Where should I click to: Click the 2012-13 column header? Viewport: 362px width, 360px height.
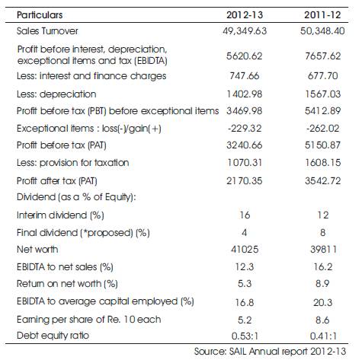tap(245, 15)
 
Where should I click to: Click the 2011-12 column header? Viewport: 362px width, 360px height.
tap(322, 15)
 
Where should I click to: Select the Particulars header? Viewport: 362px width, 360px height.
tap(40, 15)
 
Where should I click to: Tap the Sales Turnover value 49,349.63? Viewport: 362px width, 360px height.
tap(245, 31)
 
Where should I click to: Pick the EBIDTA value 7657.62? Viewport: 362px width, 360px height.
tap(323, 56)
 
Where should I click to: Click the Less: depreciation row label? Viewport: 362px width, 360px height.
tap(56, 94)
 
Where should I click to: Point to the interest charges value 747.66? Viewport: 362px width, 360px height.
tap(245, 75)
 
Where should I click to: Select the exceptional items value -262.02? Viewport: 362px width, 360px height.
tap(323, 128)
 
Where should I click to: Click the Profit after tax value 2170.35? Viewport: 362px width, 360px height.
tap(245, 180)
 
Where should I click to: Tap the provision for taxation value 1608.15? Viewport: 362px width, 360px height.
tap(323, 163)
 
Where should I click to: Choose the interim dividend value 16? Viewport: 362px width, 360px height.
tap(245, 215)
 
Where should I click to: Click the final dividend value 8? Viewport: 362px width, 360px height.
tap(323, 232)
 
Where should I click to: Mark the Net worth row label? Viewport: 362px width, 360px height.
tap(37, 250)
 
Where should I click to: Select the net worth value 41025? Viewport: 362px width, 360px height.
tap(245, 250)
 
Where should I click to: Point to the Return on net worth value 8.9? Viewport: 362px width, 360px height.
tap(322, 283)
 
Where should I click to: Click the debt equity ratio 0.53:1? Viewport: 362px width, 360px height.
tap(245, 336)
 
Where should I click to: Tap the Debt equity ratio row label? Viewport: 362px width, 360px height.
tap(53, 336)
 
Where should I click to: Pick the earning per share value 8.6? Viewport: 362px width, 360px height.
tap(322, 320)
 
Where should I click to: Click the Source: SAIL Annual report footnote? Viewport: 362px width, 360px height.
tap(270, 352)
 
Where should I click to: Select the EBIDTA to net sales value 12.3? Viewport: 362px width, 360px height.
tap(245, 266)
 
